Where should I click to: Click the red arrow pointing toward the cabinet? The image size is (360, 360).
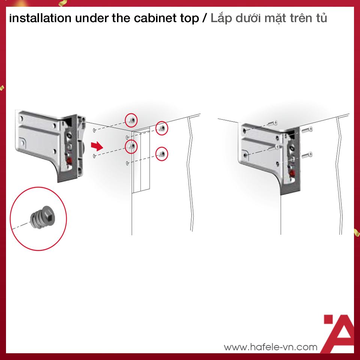[x=97, y=145]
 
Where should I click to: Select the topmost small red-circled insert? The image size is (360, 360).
[x=132, y=120]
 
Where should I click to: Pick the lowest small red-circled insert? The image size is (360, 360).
[x=162, y=154]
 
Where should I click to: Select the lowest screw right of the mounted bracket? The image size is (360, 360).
[x=307, y=154]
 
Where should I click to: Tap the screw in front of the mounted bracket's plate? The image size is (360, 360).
[x=274, y=148]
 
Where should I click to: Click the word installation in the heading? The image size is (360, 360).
[x=40, y=18]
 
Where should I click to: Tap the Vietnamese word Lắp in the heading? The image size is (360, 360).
[x=222, y=18]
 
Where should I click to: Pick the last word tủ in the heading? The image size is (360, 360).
[x=321, y=18]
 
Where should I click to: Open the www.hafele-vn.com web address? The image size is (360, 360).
[x=270, y=347]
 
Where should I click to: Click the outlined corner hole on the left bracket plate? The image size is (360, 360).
[x=24, y=142]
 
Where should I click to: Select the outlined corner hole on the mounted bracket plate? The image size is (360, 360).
[x=246, y=154]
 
